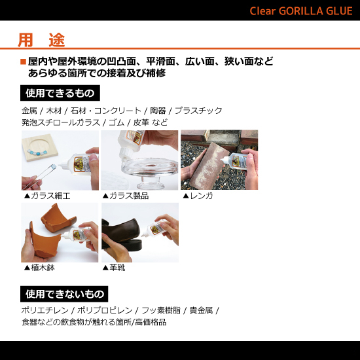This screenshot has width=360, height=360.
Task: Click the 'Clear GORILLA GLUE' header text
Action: pos(301,11)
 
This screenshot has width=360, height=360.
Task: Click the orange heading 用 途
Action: pos(41,40)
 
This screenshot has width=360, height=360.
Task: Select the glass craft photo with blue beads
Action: pos(60,160)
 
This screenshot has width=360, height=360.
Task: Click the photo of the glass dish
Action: pos(139,160)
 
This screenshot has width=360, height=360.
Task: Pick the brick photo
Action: pos(219,160)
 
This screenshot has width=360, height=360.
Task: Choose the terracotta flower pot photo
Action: pos(60,232)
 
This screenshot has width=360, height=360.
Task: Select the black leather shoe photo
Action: pos(139,232)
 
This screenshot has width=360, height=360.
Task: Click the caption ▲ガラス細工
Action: pos(46,196)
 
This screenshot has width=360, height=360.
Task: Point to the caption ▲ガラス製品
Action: pos(125,196)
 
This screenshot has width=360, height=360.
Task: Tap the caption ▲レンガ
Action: pos(198,196)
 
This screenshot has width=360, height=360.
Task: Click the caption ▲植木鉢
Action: pos(43,268)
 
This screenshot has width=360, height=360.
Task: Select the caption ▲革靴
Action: pos(114,268)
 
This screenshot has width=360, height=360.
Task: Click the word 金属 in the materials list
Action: pos(29,111)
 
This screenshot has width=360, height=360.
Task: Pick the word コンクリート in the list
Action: pos(123,111)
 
